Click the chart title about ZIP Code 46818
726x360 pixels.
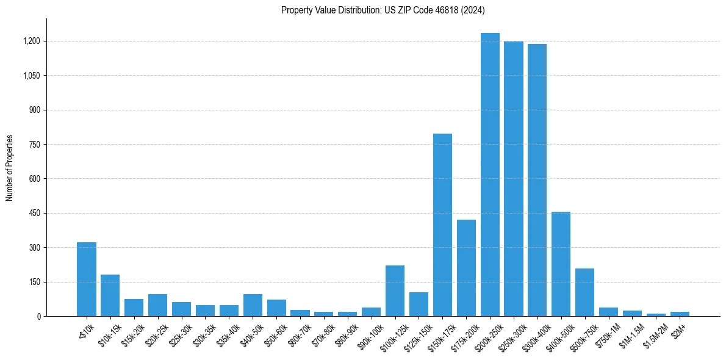(x=383, y=10)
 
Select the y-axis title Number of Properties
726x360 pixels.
(x=10, y=168)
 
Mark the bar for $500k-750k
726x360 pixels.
(x=584, y=292)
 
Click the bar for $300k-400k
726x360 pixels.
(x=537, y=180)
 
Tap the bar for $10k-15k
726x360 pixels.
(x=110, y=295)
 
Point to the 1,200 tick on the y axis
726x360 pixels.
(x=31, y=41)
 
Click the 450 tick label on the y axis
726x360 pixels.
(x=34, y=214)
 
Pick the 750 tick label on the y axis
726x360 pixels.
(x=34, y=145)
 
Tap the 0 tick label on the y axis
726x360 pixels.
(x=38, y=317)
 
